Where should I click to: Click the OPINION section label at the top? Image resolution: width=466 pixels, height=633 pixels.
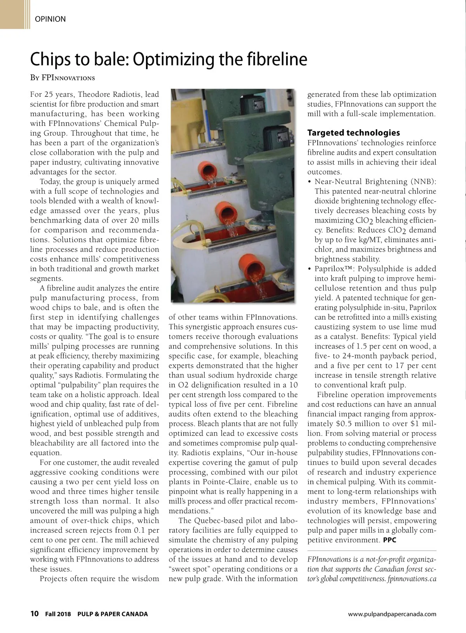pyautogui.click(x=50, y=19)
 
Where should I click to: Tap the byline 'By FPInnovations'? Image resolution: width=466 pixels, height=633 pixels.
pyautogui.click(x=63, y=78)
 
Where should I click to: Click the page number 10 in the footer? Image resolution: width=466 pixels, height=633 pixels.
pyautogui.click(x=34, y=614)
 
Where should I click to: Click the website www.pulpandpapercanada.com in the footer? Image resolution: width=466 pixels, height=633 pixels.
pyautogui.click(x=392, y=614)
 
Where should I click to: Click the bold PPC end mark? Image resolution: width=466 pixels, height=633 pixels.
pyautogui.click(x=389, y=540)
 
